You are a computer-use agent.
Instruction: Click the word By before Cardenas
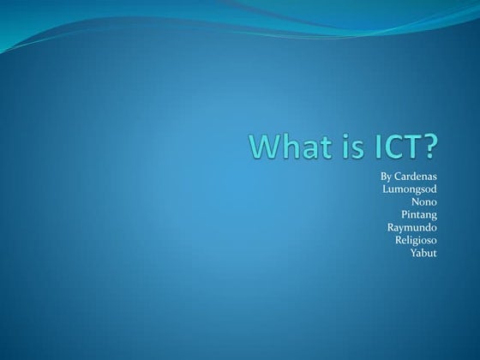[x=386, y=176]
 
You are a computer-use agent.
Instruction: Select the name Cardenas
[x=417, y=176]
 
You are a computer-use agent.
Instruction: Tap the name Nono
[x=424, y=201]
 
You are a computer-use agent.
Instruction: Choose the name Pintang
[x=419, y=214]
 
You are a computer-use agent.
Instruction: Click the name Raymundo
[x=412, y=227]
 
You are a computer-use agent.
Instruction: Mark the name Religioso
[x=416, y=240]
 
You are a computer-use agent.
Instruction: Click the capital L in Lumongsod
[x=384, y=189]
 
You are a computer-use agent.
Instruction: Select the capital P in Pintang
[x=405, y=214]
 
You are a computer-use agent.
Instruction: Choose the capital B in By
[x=383, y=176]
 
